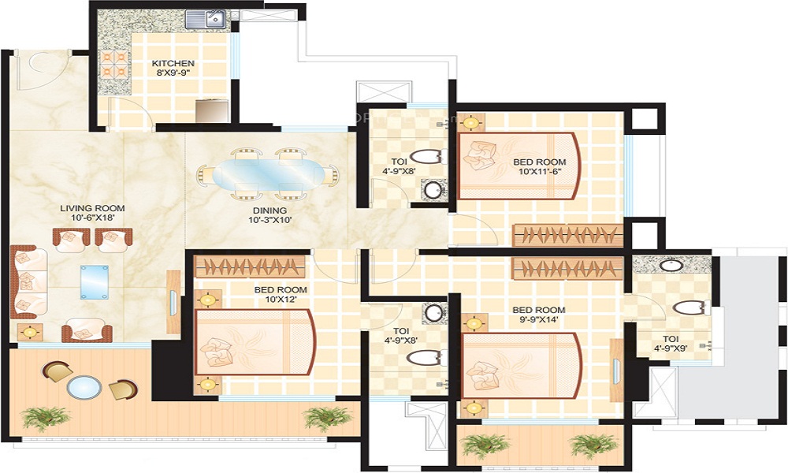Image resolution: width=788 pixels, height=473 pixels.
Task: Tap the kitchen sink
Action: (x=206, y=19)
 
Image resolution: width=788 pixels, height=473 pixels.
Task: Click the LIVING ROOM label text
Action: (x=92, y=208)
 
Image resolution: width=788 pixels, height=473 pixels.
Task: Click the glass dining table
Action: (x=269, y=174)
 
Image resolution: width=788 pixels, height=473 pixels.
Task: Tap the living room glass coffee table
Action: (x=94, y=282)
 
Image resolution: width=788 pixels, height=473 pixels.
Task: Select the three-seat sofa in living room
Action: (x=28, y=282)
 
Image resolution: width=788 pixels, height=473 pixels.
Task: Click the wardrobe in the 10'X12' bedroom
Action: (x=251, y=266)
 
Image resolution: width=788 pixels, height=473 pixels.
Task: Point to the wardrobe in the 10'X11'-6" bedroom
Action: (x=567, y=235)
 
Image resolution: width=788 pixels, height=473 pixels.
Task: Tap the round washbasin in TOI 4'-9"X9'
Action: (x=670, y=264)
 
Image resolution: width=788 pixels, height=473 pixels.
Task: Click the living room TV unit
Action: (x=173, y=302)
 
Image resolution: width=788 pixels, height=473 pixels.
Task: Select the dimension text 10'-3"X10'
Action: (x=269, y=220)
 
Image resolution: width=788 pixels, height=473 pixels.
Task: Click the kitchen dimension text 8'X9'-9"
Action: (x=173, y=72)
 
